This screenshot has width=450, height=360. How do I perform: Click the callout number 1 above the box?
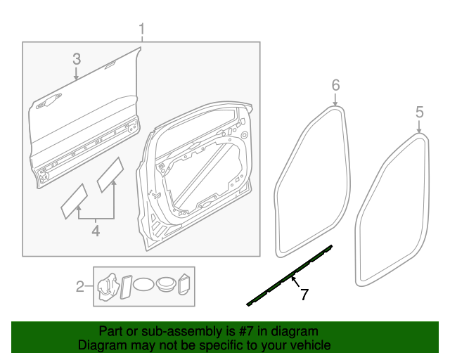(141, 30)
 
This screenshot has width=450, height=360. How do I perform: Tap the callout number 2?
(80, 286)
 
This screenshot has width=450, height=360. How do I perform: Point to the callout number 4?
(95, 230)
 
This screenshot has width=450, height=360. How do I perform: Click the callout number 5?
(419, 111)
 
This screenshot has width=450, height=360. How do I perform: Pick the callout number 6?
(335, 85)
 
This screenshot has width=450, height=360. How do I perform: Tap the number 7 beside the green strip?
(304, 295)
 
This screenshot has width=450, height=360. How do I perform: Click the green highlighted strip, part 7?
(288, 276)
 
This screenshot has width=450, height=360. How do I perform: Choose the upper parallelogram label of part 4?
(110, 175)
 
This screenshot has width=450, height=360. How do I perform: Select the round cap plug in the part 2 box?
(167, 285)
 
